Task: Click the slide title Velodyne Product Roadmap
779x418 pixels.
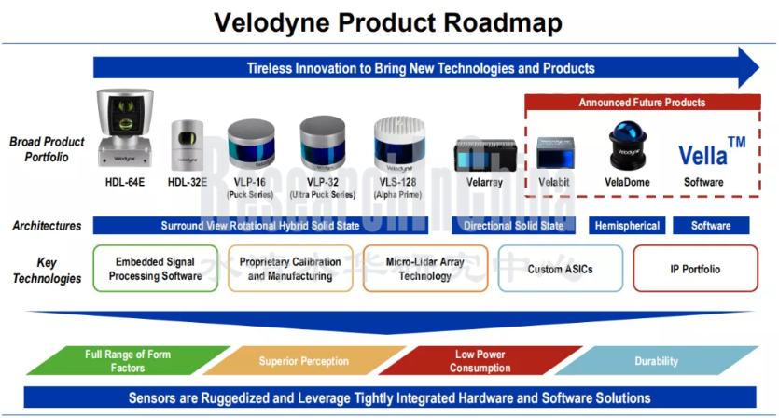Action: click(x=389, y=22)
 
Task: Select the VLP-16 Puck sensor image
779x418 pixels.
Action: click(x=252, y=141)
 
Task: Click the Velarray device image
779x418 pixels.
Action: click(x=480, y=154)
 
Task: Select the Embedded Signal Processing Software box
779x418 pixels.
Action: click(x=156, y=269)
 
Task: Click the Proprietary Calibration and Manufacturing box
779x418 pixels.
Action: click(x=290, y=269)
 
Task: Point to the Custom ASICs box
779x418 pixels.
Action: click(x=560, y=269)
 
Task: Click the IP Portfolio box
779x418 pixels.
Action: click(x=695, y=269)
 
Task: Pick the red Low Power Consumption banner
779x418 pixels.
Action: click(x=480, y=360)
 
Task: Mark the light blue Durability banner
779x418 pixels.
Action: click(x=656, y=361)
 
